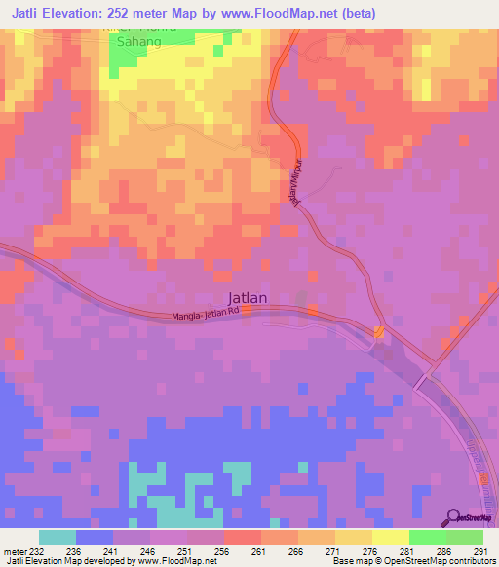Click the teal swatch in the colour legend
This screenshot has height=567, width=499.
coord(58,537)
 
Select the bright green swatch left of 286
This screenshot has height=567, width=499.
coord(428,537)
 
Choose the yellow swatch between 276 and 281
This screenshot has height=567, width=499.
coord(391,537)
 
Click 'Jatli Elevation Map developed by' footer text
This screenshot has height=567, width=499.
coord(68,561)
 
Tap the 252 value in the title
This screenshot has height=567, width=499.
coord(145,14)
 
